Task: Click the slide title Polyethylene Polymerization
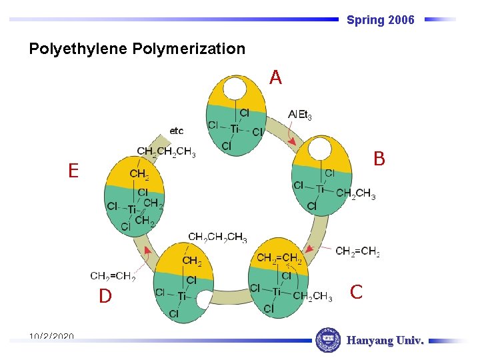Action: coord(137,49)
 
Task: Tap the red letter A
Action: coord(275,78)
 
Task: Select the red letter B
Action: coord(379,159)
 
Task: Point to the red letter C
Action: coord(357,292)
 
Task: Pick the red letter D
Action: coord(105,296)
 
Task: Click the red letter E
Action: coord(73,171)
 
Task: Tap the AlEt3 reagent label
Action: coord(300,115)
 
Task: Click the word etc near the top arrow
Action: coord(177,131)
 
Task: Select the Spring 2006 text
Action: coord(380,20)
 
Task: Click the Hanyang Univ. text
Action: coord(385,341)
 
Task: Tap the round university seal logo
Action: coord(327,340)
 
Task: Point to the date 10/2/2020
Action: coord(51,337)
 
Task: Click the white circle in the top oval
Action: coord(235,89)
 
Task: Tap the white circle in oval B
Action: coord(319,149)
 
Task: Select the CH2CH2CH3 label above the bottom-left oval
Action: coord(217,237)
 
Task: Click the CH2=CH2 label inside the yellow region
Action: coord(279,258)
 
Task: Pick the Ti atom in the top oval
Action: coord(235,129)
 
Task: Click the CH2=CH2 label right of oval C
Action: coord(357,251)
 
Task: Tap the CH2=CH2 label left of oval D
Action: coord(113,276)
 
